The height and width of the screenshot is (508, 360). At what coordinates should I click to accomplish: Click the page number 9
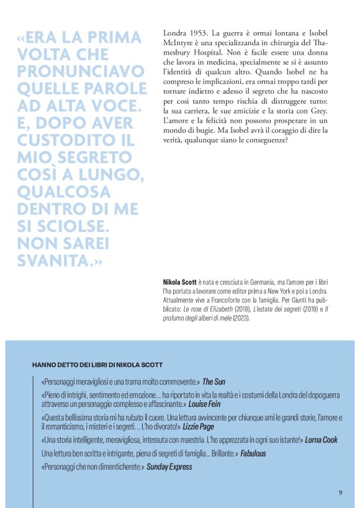click(340, 492)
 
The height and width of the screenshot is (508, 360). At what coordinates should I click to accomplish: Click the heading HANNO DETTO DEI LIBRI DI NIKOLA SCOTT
click(97, 364)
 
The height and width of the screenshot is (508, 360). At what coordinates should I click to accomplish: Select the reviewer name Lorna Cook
click(322, 440)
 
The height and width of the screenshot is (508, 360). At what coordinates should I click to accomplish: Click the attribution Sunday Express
click(169, 466)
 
